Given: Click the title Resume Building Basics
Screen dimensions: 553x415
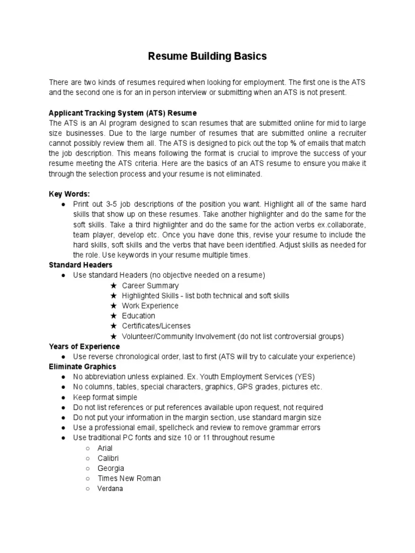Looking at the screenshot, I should click(x=207, y=56).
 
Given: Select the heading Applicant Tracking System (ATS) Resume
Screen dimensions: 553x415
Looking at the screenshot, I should click(x=123, y=113).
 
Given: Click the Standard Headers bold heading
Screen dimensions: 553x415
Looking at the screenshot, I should click(x=81, y=265).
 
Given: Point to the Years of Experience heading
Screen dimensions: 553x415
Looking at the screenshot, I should click(x=84, y=347).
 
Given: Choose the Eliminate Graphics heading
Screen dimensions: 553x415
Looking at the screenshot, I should click(x=82, y=367).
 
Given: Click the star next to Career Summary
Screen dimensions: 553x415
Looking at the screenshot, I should click(x=113, y=286).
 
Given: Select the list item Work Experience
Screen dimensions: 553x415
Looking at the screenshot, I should click(x=150, y=306).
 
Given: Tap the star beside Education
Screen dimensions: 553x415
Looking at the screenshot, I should click(x=113, y=316).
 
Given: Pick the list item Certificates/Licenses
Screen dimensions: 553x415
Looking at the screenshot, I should click(x=156, y=326).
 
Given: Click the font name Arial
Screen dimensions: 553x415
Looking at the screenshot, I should click(x=105, y=448).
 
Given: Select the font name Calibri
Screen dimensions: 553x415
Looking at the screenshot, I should click(x=109, y=458).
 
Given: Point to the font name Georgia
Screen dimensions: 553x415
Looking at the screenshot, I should click(x=111, y=468).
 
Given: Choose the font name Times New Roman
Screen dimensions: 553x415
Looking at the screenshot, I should click(x=129, y=478).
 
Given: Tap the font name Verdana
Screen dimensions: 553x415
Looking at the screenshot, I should click(x=110, y=489).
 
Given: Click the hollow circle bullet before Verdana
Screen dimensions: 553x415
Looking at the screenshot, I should click(x=88, y=489).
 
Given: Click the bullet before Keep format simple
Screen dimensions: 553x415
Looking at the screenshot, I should click(x=64, y=397).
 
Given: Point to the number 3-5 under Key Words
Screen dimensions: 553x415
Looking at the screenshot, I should click(x=99, y=205).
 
